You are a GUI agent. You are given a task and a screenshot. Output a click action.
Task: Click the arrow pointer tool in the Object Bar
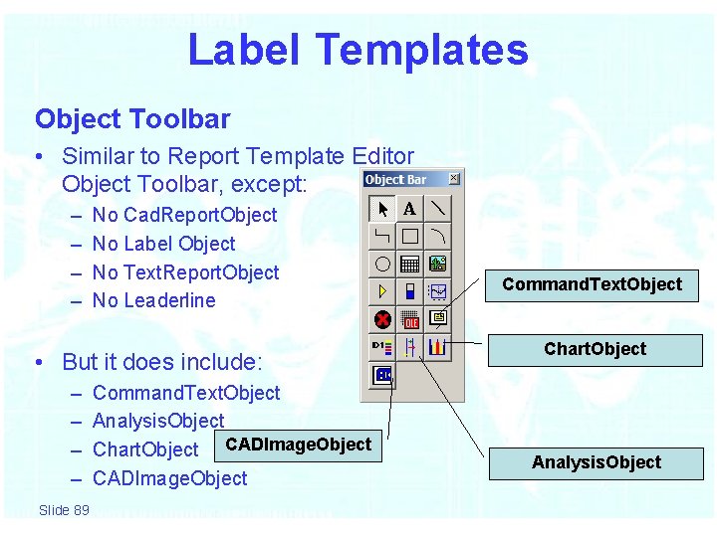coord(382,209)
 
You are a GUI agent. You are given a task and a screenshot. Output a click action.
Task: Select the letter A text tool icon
coord(409,209)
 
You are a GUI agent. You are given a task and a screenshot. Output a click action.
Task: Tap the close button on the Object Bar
coord(453,179)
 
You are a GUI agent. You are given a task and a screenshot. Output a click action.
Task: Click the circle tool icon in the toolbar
coord(382,265)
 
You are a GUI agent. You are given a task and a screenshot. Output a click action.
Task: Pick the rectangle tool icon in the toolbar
coord(409,237)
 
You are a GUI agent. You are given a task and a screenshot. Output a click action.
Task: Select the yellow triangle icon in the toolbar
coord(382,292)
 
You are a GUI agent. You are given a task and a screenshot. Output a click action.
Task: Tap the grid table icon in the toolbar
coord(409,265)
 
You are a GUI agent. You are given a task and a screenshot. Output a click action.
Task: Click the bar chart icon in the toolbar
coord(437,347)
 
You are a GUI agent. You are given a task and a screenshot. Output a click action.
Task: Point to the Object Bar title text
coord(395,180)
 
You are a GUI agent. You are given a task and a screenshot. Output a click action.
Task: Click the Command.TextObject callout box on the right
coord(592,284)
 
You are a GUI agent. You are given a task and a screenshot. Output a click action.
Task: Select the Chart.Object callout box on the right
coord(595,349)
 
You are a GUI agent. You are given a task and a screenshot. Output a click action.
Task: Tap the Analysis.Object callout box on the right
coord(596,462)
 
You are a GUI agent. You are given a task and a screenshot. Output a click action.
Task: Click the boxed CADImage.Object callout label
coord(299,445)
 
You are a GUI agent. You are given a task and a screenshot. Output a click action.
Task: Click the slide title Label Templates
coord(358,50)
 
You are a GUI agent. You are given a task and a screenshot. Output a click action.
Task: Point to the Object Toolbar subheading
coord(132,119)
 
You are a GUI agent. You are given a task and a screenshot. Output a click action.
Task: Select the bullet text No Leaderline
coord(153,300)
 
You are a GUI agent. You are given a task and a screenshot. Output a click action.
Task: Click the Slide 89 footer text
coord(64,510)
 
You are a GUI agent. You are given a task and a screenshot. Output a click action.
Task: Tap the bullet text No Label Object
coord(163,244)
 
